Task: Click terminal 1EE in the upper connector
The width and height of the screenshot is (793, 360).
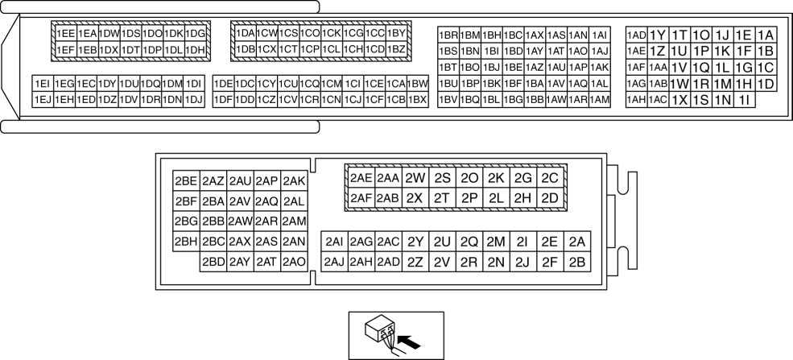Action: (x=67, y=34)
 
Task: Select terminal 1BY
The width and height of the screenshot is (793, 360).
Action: (x=396, y=34)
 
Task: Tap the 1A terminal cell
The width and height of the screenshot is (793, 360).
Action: (x=766, y=35)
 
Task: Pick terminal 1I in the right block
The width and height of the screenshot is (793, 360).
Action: (x=744, y=100)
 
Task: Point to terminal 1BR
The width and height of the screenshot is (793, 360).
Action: (x=448, y=35)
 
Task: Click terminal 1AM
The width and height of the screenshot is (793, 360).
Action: (x=599, y=100)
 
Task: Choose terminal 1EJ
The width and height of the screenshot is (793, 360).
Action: (x=43, y=99)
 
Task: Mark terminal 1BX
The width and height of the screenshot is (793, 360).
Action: (x=417, y=99)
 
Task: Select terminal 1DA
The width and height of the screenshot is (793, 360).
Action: (x=245, y=34)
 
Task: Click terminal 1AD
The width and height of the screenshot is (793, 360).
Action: (x=636, y=35)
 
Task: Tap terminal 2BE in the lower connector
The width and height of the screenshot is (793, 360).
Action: (x=186, y=181)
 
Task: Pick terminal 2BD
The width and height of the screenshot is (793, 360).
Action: (x=213, y=262)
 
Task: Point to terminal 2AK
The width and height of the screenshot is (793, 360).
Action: (x=294, y=181)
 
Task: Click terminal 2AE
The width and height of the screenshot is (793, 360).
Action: (x=361, y=178)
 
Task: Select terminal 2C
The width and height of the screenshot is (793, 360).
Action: (x=550, y=178)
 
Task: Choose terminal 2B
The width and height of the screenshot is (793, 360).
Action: (x=576, y=262)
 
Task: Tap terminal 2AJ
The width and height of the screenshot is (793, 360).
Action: (x=334, y=262)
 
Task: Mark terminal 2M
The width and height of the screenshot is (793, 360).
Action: (x=496, y=242)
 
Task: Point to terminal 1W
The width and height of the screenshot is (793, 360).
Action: (x=679, y=84)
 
